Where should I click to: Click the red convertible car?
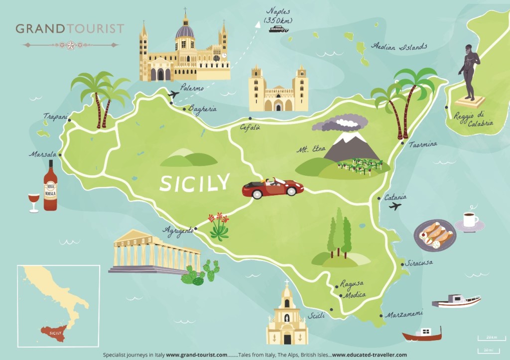point(273,189)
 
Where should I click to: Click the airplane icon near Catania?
point(395,206)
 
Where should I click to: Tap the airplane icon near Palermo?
point(173,94)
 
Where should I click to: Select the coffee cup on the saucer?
point(469,220)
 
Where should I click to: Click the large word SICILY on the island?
point(195,182)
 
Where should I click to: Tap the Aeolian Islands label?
point(399,46)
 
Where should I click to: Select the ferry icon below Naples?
point(278,29)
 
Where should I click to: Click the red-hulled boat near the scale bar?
point(422,335)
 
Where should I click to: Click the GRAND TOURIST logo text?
point(70,28)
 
